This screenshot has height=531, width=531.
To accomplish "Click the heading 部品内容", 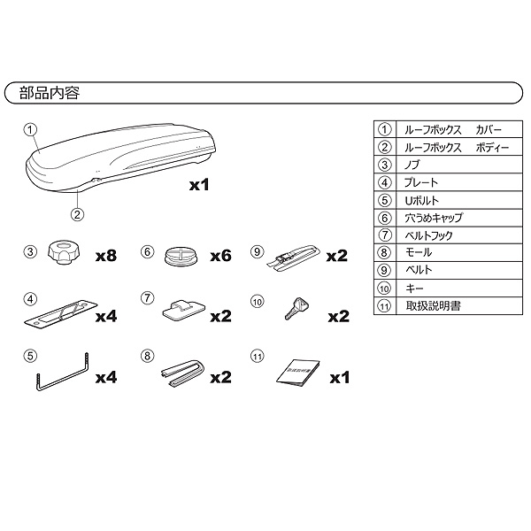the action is [50, 93].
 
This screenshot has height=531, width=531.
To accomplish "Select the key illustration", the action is [296, 308].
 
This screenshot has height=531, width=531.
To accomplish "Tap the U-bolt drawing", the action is [62, 373].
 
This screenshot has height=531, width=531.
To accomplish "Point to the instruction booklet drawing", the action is [298, 373].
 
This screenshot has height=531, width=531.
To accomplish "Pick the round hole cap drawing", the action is [181, 256].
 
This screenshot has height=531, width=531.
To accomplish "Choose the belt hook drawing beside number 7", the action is [184, 311].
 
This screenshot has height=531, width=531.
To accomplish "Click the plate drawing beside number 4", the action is [61, 314].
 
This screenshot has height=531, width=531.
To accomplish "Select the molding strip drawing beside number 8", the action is [183, 373].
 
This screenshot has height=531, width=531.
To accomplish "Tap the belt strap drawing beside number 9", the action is [293, 259].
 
